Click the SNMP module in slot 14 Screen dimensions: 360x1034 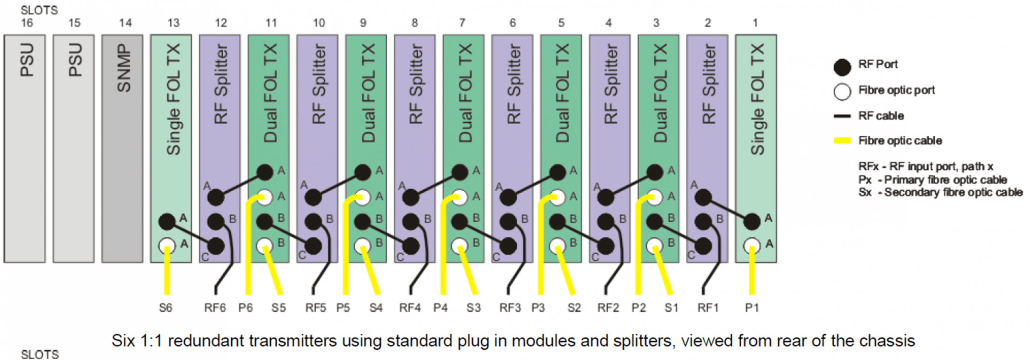[x=122, y=148]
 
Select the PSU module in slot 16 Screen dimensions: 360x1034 [x=25, y=148]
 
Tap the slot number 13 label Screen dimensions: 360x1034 [x=173, y=23]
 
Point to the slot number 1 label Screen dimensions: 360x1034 [x=755, y=23]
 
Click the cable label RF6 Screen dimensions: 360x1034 [x=215, y=308]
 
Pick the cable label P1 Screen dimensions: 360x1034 [x=752, y=308]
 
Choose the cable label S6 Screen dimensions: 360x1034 [x=165, y=308]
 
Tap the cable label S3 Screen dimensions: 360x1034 [x=473, y=308]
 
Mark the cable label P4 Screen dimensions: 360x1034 [x=440, y=308]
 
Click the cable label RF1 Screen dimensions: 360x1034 [x=708, y=308]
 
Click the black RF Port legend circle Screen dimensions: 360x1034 [x=842, y=67]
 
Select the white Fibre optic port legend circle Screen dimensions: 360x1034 [x=842, y=92]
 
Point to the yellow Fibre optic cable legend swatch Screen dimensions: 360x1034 [x=842, y=141]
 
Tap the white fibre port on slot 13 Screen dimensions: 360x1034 [x=167, y=245]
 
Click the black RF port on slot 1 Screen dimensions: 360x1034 [x=752, y=221]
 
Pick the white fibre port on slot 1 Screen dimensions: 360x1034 [x=752, y=245]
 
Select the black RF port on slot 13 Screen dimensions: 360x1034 [x=167, y=221]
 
